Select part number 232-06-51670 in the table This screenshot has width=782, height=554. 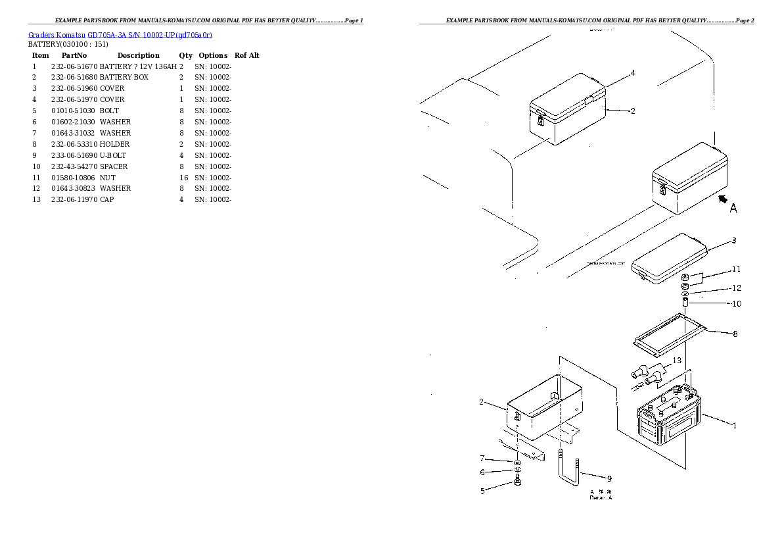[x=74, y=66]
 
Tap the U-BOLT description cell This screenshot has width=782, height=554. [x=113, y=155]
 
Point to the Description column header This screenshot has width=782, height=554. [x=138, y=55]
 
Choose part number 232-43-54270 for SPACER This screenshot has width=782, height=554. [x=74, y=166]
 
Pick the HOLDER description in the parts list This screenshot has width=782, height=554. [x=114, y=144]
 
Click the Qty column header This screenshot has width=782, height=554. [x=185, y=55]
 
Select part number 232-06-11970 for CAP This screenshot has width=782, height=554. [x=74, y=199]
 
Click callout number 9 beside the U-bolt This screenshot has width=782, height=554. [x=609, y=478]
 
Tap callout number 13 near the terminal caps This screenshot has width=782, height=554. [x=676, y=361]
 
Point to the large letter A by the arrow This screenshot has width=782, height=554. [x=733, y=209]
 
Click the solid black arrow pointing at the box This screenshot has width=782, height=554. [x=723, y=198]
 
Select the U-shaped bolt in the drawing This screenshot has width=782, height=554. [x=568, y=470]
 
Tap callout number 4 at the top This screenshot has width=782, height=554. [x=633, y=73]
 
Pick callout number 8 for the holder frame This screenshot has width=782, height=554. [x=735, y=334]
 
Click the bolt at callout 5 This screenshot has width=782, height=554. [x=517, y=485]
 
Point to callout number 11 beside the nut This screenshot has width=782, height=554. [x=736, y=269]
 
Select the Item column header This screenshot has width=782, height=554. [x=40, y=55]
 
